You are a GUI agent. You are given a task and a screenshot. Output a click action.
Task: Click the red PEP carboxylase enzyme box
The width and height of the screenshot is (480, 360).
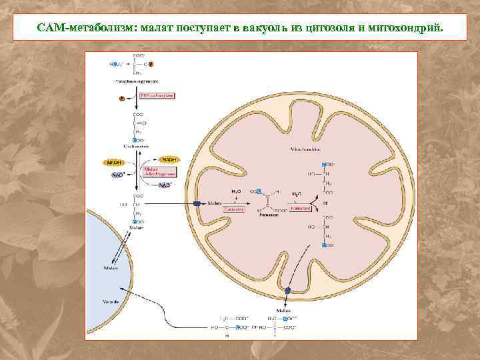157,96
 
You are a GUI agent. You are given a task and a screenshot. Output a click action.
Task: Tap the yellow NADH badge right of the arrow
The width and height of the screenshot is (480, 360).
170,160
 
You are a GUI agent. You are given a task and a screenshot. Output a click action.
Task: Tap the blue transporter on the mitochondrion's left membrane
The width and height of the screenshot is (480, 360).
197,203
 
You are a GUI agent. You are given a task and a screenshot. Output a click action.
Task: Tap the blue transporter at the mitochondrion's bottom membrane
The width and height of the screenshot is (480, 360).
287,291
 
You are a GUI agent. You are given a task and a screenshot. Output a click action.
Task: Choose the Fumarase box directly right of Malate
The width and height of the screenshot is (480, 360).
234,209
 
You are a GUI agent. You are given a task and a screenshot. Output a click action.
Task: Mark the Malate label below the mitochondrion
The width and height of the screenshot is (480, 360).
283,311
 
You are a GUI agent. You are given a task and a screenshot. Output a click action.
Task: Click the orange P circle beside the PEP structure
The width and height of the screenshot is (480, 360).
152,64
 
